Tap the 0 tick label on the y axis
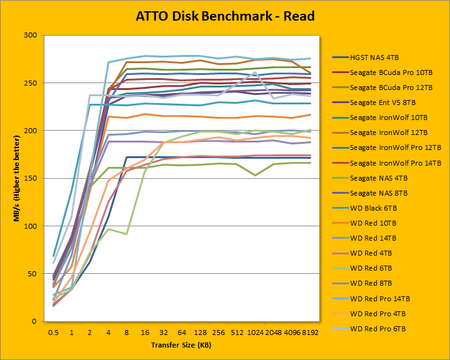(x=32, y=321)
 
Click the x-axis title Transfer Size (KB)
(x=181, y=345)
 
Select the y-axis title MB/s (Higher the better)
(x=11, y=178)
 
